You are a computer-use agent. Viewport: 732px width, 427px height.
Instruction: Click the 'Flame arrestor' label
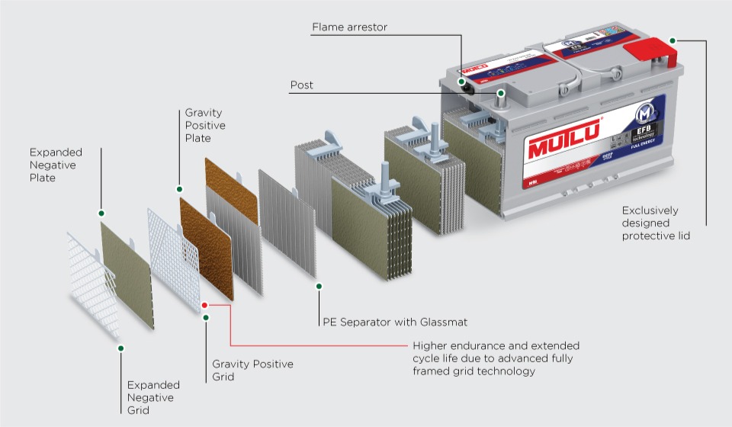349,27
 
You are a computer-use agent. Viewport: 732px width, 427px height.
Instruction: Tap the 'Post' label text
301,85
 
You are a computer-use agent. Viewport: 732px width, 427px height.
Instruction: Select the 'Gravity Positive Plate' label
205,126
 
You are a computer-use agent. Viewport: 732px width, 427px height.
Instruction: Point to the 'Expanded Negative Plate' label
56,165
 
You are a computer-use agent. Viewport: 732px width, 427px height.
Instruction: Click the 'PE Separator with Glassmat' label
394,322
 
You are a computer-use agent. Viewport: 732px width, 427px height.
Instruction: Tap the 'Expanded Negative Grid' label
153,397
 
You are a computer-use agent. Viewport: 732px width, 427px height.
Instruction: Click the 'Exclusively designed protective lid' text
655,223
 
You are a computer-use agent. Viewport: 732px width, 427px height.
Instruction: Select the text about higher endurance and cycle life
496,358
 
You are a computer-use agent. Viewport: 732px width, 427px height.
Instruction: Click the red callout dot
204,305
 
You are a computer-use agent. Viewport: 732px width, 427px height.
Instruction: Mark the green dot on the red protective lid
672,40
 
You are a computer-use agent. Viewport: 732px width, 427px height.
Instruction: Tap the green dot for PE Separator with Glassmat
319,286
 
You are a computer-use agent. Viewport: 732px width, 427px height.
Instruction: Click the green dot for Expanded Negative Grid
120,348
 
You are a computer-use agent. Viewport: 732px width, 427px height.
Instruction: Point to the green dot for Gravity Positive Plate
179,188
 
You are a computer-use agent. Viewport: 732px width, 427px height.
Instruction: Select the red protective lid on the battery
653,53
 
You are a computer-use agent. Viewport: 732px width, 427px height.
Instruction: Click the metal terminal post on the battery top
501,96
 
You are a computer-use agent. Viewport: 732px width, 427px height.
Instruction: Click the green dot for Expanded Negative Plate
101,213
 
